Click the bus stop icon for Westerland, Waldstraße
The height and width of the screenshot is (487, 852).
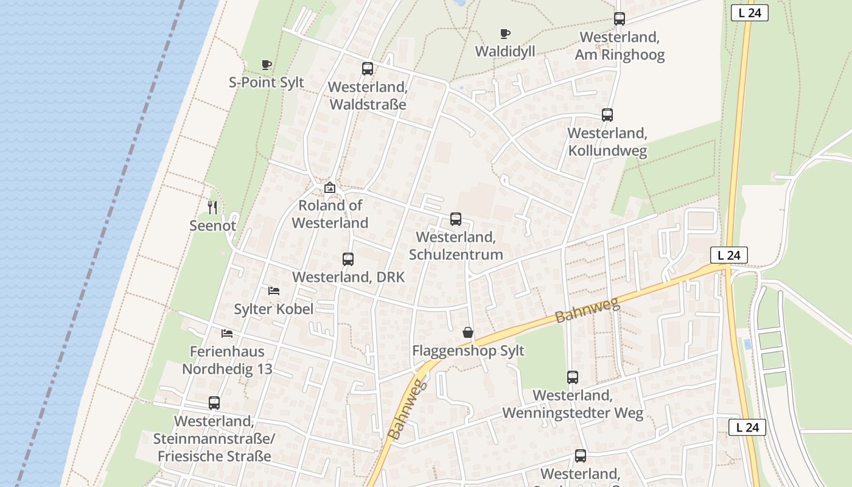tap(368, 69)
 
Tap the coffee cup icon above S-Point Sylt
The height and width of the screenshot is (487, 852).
tap(266, 65)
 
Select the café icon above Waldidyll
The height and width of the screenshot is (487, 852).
tap(505, 33)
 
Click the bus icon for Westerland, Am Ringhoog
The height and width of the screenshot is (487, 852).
tap(620, 19)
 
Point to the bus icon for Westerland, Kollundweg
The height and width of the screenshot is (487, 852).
tap(607, 115)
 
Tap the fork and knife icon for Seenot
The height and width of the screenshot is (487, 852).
tap(212, 208)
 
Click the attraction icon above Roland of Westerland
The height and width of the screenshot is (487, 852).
tap(330, 187)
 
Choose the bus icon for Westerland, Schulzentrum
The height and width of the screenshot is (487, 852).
tap(456, 219)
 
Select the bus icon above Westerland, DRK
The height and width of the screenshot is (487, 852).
tap(348, 259)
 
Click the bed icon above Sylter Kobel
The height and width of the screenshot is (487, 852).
tap(274, 291)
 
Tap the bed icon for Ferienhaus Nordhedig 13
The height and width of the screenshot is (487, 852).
tap(227, 334)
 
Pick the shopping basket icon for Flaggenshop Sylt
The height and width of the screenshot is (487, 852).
tap(468, 332)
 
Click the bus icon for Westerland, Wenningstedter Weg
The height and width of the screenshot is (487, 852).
tap(573, 377)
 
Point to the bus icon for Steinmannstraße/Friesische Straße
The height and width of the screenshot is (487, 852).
tap(214, 403)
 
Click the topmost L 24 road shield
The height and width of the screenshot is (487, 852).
tap(749, 13)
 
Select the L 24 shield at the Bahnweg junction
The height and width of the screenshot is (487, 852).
tap(728, 255)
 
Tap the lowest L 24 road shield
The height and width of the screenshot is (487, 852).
tap(747, 427)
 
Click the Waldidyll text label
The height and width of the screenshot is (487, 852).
tap(505, 51)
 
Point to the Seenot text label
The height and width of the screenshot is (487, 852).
tap(212, 226)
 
